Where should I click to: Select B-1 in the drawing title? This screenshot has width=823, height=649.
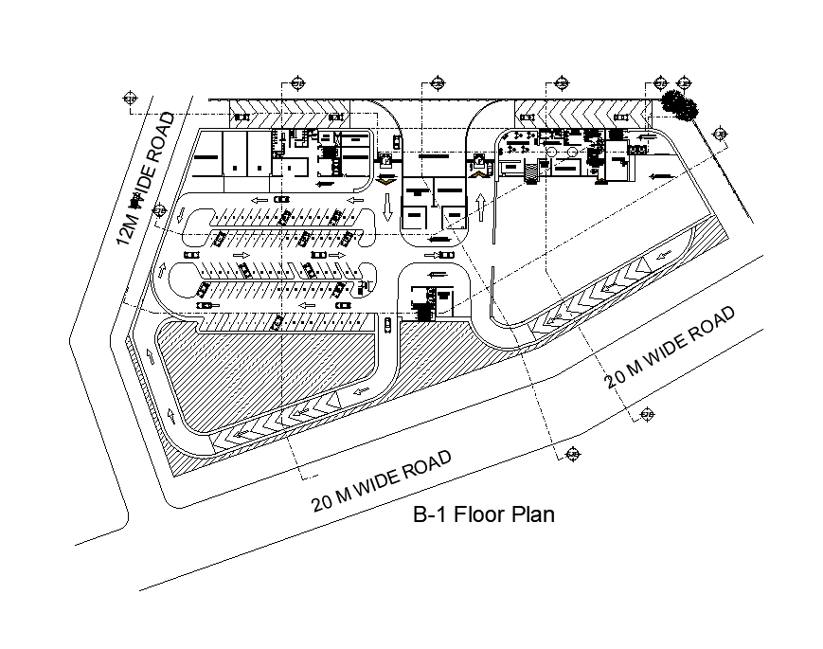click(430, 515)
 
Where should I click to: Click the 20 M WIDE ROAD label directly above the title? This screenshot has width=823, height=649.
click(381, 480)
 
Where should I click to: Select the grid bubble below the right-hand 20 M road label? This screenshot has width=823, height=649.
click(648, 414)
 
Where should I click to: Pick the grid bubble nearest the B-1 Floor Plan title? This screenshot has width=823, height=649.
click(571, 456)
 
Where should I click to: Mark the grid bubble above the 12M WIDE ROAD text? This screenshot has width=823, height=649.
click(130, 98)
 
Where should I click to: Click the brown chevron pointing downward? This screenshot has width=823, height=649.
click(385, 178)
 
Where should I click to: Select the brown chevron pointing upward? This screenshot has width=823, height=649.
click(479, 171)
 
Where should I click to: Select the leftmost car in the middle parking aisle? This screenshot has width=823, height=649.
click(191, 255)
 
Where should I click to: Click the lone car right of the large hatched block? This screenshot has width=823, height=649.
click(388, 326)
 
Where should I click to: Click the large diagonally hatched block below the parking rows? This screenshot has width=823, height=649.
click(275, 370)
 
